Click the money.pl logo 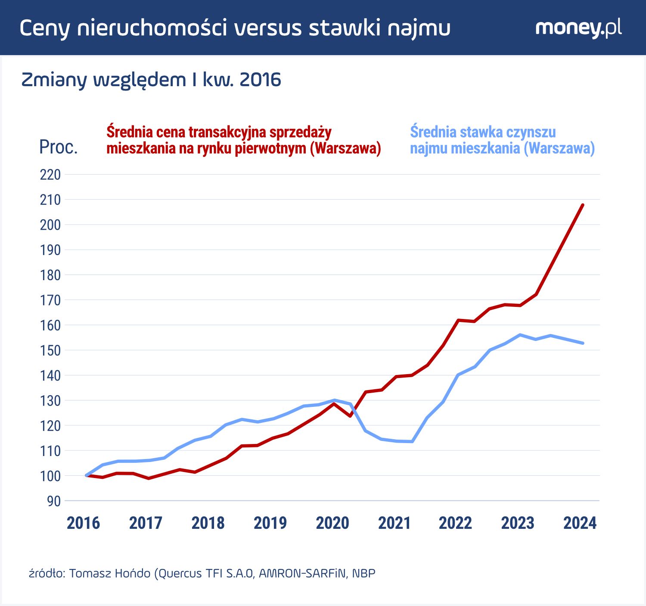click(578, 28)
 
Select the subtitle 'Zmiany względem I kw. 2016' click(151, 80)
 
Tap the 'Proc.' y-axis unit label click(58, 147)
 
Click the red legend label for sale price click(243, 140)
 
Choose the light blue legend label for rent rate click(502, 140)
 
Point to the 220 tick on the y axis click(50, 175)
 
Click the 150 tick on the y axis click(50, 350)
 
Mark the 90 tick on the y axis click(54, 501)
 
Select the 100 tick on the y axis click(50, 476)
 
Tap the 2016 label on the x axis click(83, 523)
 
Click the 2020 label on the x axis click(332, 523)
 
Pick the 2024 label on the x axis click(580, 523)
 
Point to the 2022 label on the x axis click(455, 523)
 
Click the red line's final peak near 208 click(583, 205)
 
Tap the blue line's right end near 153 click(583, 343)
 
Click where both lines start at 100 click(87, 475)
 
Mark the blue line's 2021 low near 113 click(412, 441)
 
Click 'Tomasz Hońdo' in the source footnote click(110, 574)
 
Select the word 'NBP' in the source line click(363, 574)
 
